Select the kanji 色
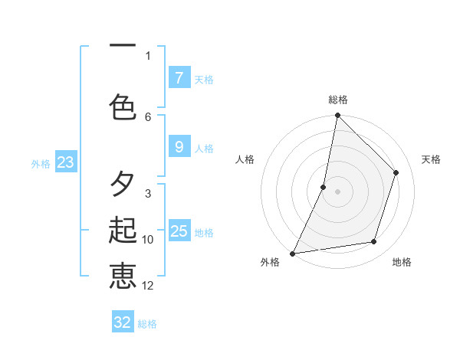coord(123,106)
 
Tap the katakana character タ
coord(123,184)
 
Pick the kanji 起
coord(123,231)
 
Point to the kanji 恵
coord(123,277)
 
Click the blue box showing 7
coord(179,77)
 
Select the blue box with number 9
coord(179,147)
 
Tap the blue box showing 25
coord(179,231)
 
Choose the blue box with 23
coord(65,162)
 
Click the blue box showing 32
coord(123,322)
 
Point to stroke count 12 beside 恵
coord(148,286)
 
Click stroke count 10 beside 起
coord(148,240)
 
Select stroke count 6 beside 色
coord(148,116)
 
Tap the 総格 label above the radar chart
coord(338,100)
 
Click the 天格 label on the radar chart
coord(431,159)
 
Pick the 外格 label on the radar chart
coord(270,262)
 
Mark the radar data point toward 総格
coord(337,115)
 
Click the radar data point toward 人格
coord(324,187)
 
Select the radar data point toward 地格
coord(374,242)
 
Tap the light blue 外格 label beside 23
coord(41,163)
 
